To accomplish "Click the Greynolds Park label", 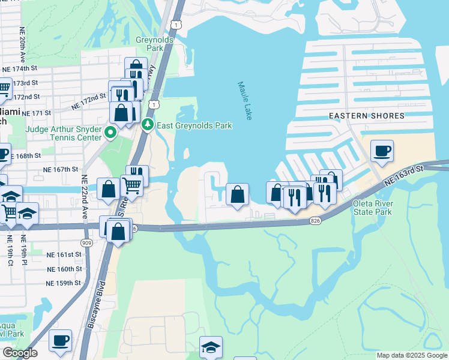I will pyautogui.click(x=154, y=43).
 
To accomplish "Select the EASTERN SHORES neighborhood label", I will pyautogui.click(x=366, y=116).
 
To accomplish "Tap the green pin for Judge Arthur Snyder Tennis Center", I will pyautogui.click(x=110, y=131).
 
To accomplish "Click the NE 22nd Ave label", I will pyautogui.click(x=85, y=197).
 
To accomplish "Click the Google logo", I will pyautogui.click(x=20, y=353).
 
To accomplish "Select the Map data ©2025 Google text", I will pyautogui.click(x=411, y=355).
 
